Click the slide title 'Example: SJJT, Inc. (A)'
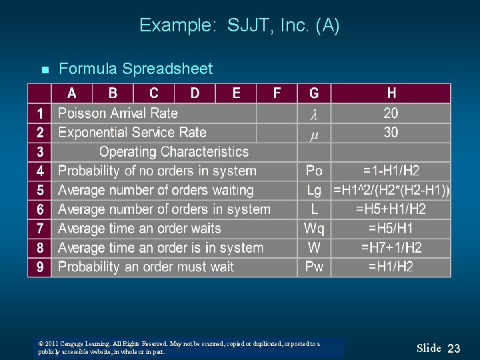[x=239, y=26]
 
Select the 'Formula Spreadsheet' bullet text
[x=136, y=69]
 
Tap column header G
[x=314, y=93]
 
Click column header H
[x=391, y=93]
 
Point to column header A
[x=71, y=93]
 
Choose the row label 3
[x=40, y=152]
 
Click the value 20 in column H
[x=391, y=113]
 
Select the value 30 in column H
[x=391, y=133]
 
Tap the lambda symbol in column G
[x=314, y=115]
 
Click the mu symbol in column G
[x=314, y=134]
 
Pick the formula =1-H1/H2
[x=391, y=171]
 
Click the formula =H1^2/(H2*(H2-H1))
[x=391, y=191]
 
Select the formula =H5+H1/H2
[x=391, y=209]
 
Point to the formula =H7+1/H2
[x=391, y=248]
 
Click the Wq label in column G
[x=314, y=229]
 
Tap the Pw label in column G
[x=314, y=267]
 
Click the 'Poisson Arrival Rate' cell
[x=118, y=113]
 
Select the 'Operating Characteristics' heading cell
[x=173, y=152]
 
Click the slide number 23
[x=454, y=348]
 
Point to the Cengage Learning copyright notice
[x=179, y=348]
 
